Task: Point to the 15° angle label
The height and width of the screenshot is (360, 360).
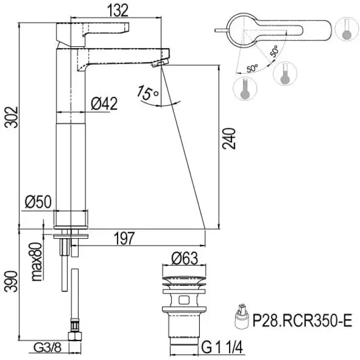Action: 148,93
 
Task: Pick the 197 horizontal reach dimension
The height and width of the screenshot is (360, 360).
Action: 124,239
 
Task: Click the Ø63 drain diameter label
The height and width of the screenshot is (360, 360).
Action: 184,258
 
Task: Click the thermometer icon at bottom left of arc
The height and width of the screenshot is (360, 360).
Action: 245,89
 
